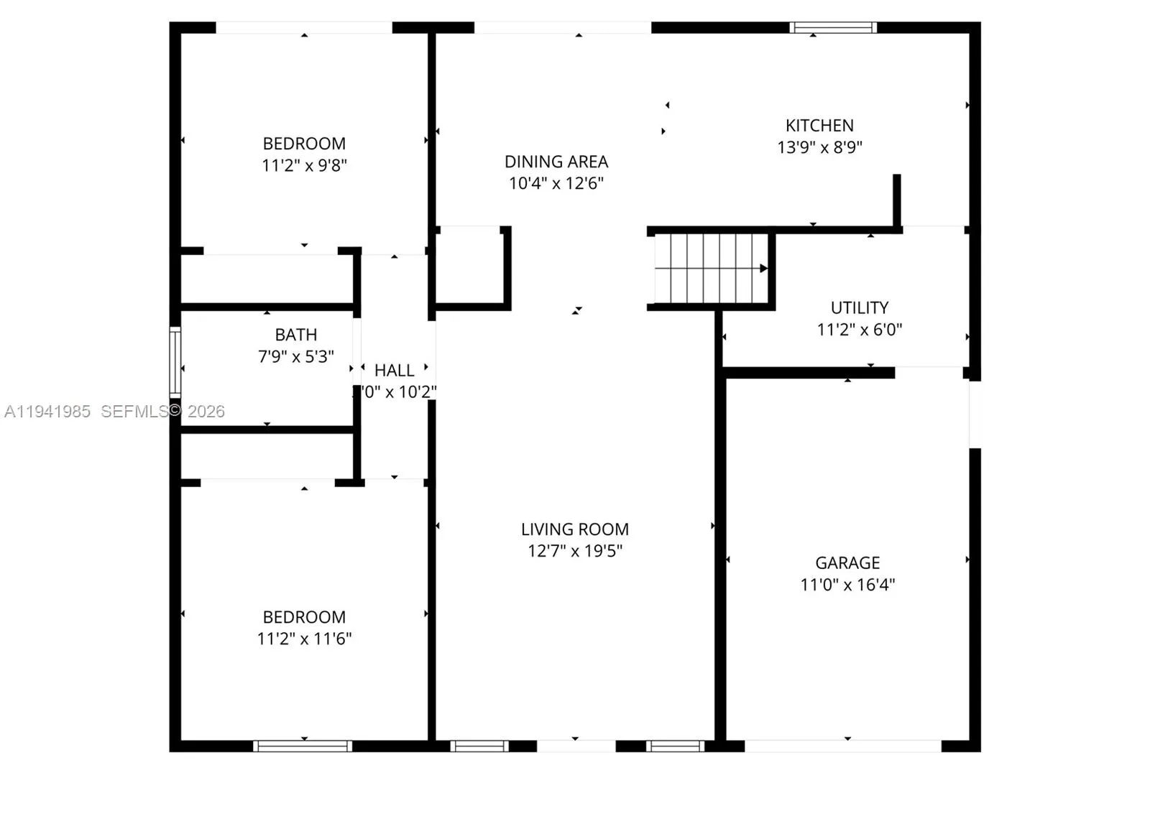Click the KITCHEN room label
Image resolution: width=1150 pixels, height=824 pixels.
[x=819, y=126]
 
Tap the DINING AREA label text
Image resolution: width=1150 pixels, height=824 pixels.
[x=556, y=162]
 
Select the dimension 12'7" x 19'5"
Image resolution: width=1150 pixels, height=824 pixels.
[x=575, y=551]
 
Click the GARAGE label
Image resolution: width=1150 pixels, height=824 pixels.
[x=847, y=563]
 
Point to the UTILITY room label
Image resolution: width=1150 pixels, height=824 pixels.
[x=860, y=307]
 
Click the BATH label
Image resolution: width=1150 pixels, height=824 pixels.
[x=295, y=335]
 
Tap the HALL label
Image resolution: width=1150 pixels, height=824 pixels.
[x=394, y=371]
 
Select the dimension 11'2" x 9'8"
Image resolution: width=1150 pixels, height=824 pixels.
[x=304, y=165]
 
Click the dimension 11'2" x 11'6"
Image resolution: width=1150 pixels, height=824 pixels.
[x=304, y=638]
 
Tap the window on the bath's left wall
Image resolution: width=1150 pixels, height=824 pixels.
[x=175, y=362]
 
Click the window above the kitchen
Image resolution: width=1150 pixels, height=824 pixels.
[x=833, y=28]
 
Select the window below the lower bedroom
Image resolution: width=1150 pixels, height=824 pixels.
[x=303, y=746]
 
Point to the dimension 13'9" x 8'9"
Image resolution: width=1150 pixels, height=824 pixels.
[x=819, y=147]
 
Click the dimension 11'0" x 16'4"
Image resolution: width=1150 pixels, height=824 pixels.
[x=847, y=584]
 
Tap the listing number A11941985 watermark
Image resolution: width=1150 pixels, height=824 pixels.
[x=47, y=412]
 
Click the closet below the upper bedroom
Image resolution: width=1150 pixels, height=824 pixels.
[x=266, y=279]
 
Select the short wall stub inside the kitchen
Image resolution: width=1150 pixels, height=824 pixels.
[x=897, y=200]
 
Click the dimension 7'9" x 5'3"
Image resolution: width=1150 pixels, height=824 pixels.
[x=295, y=356]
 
